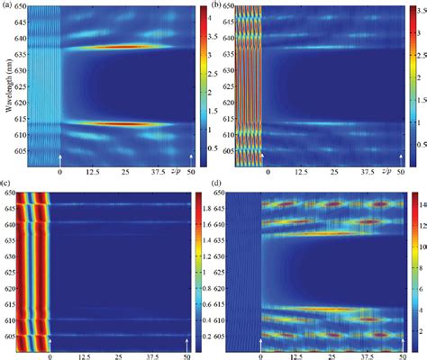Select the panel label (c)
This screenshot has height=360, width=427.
6,185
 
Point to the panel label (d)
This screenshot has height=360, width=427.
219,185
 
